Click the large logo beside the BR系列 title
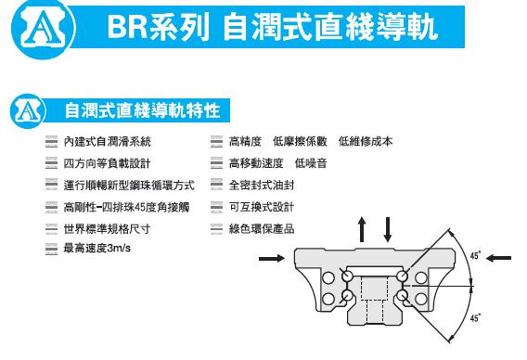[x=43, y=29]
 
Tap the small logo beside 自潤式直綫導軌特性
[x=28, y=111]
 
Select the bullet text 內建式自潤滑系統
[x=108, y=142]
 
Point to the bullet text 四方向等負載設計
[x=107, y=163]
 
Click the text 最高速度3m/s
[x=97, y=249]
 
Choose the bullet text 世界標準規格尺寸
[x=107, y=229]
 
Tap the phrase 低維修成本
[x=366, y=142]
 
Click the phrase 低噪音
[x=311, y=163]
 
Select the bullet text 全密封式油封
[x=262, y=186]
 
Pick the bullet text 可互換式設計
[x=262, y=207]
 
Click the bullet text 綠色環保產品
[x=262, y=229]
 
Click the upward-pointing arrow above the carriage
[x=362, y=229]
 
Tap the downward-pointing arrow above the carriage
[x=388, y=229]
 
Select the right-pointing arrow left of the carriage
[x=272, y=258]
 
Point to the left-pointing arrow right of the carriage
[x=498, y=258]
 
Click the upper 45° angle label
[x=475, y=256]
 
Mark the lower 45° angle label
[x=475, y=318]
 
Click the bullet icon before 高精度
[x=216, y=142]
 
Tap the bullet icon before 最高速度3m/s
[x=51, y=249]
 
